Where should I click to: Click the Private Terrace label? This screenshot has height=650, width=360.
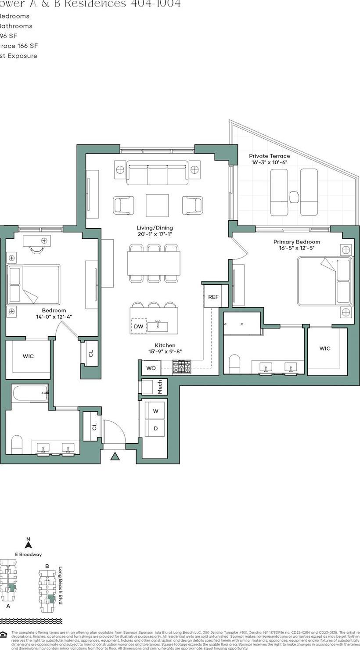(x=269, y=156)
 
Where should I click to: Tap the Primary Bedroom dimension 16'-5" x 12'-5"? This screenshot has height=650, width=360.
(x=296, y=248)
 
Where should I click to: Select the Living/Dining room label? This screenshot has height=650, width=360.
(x=155, y=228)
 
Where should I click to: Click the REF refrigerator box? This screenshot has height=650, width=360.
(x=213, y=297)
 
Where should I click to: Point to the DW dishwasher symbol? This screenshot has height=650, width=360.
(x=138, y=326)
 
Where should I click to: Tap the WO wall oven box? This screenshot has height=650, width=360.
(x=151, y=368)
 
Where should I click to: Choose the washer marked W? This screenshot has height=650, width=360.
(x=155, y=411)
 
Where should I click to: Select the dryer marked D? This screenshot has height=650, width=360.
(x=155, y=428)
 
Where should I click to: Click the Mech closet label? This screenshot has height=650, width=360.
(x=160, y=386)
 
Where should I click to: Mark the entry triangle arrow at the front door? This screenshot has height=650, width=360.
(x=115, y=456)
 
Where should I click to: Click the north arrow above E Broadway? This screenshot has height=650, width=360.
(x=29, y=545)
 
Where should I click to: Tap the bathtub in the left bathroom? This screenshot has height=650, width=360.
(x=30, y=393)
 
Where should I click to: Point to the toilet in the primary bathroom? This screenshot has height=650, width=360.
(x=235, y=363)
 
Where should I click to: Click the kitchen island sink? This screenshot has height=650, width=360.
(x=158, y=326)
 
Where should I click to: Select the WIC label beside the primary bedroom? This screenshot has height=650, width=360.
(x=325, y=348)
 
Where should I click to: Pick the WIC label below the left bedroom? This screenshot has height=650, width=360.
(x=28, y=356)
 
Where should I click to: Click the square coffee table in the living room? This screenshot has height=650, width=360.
(x=157, y=205)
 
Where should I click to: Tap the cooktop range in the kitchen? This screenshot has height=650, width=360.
(x=181, y=367)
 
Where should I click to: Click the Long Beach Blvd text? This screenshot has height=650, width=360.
(x=60, y=585)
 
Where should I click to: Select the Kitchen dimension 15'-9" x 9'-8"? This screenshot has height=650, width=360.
(x=165, y=352)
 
